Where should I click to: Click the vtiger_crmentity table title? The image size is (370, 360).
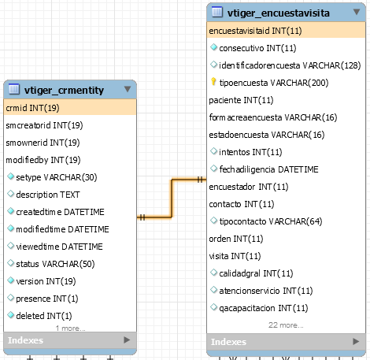(64, 90)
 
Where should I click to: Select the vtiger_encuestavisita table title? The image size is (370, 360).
(279, 13)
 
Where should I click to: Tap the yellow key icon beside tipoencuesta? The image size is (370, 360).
(213, 82)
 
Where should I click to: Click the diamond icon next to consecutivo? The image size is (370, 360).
(213, 47)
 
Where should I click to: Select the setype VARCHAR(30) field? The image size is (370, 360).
(57, 177)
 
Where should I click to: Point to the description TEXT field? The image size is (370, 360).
(48, 195)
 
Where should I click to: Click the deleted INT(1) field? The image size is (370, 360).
(44, 316)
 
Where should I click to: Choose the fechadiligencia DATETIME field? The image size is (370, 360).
(268, 169)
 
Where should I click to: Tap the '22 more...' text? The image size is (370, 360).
(286, 325)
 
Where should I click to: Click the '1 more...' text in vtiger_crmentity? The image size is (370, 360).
(70, 328)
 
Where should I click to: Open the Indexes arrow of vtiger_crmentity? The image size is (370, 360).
(127, 340)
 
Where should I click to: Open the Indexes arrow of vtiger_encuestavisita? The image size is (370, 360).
(356, 341)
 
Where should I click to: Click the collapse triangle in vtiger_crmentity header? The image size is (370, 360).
(128, 89)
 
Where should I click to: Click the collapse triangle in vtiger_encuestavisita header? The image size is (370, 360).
(357, 12)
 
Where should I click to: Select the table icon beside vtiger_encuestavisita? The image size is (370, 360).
(217, 12)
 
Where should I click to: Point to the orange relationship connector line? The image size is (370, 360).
(172, 199)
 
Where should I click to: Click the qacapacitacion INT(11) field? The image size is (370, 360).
(264, 308)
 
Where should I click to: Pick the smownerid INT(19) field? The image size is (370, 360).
(43, 143)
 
